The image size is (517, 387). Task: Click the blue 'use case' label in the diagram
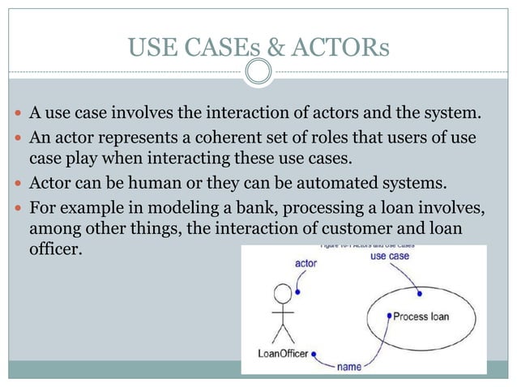(389, 257)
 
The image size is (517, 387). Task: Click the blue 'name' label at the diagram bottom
(349, 366)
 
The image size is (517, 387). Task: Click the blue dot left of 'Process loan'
(390, 316)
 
